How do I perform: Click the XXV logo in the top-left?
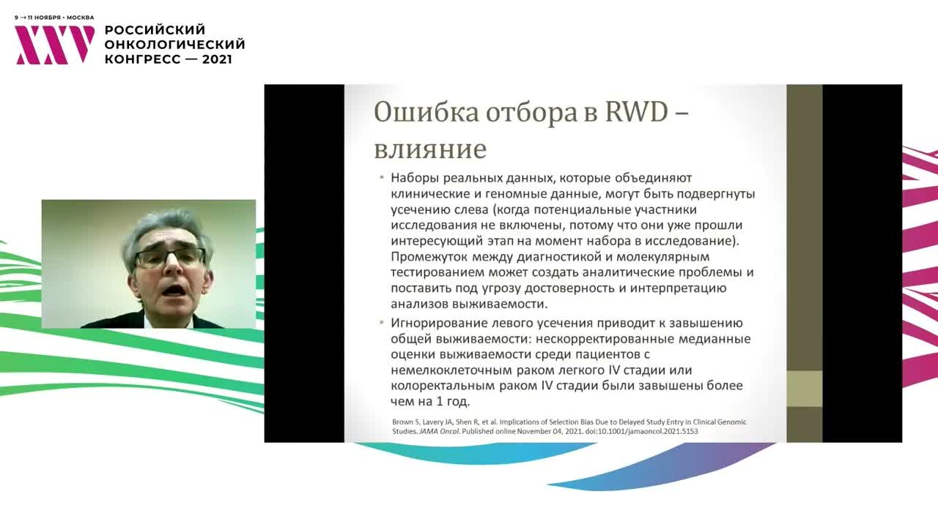coord(55,45)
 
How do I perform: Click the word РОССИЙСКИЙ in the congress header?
coord(155,30)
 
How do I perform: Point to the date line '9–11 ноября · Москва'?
coord(54,17)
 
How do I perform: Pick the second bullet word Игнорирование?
coord(438,323)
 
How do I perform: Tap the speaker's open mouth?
coord(174,291)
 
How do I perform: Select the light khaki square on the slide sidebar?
coord(804,389)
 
